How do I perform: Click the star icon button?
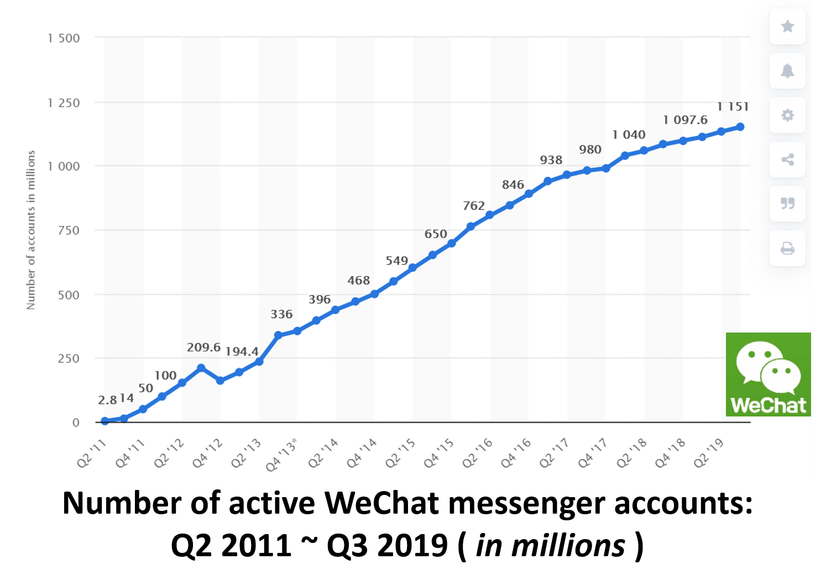point(787,26)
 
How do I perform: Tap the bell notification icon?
point(787,71)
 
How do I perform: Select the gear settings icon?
point(787,115)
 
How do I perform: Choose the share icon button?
point(787,160)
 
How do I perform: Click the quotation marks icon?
point(787,203)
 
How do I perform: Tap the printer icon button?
point(787,248)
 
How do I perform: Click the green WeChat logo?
point(768,374)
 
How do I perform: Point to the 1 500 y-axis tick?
point(64,38)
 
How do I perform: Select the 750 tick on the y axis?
point(69,230)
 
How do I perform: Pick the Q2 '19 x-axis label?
point(709,453)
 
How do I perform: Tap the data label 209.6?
point(203,347)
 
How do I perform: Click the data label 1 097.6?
point(685,120)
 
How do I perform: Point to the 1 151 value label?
point(733,107)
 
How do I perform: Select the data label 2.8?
point(107,400)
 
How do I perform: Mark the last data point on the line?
point(740,127)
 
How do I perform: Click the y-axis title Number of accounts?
point(31,230)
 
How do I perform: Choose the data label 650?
point(436,234)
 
